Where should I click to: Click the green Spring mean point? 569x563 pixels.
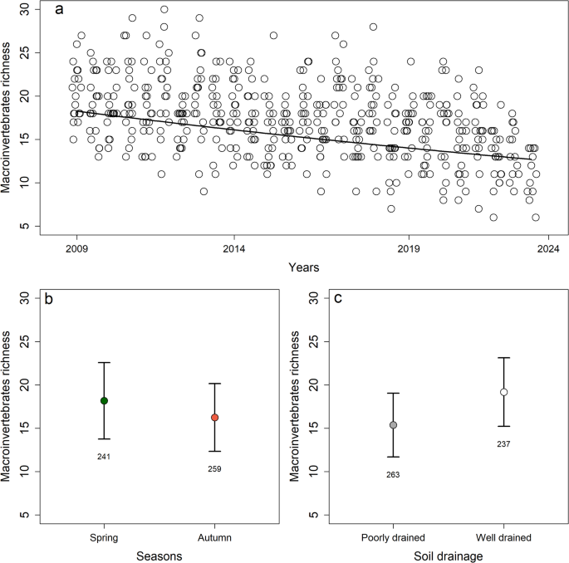pyautogui.click(x=104, y=400)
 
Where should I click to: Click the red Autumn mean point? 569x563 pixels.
pyautogui.click(x=214, y=418)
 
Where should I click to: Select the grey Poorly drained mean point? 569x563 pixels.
pyautogui.click(x=393, y=425)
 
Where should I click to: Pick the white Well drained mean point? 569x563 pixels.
pyautogui.click(x=503, y=392)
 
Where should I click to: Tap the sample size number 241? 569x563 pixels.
pyautogui.click(x=104, y=456)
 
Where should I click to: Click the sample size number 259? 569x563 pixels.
pyautogui.click(x=214, y=469)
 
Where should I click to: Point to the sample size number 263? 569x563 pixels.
pyautogui.click(x=393, y=474)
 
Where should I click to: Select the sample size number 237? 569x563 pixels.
pyautogui.click(x=503, y=443)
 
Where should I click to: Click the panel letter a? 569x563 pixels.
pyautogui.click(x=58, y=11)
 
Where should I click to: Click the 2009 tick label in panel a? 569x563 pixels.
pyautogui.click(x=76, y=247)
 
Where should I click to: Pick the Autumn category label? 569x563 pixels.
pyautogui.click(x=214, y=536)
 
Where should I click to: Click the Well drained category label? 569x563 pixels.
pyautogui.click(x=503, y=536)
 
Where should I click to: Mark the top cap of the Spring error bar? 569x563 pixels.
pyautogui.click(x=104, y=362)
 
